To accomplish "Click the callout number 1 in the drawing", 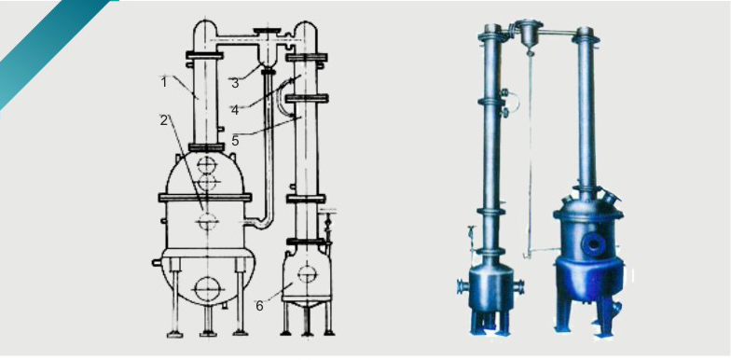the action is pos(164,82).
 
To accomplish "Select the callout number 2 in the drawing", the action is pos(164,120).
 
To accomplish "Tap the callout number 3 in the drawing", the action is pos(235,84).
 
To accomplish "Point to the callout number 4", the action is pos(235,110).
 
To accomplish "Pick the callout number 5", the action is pos(235,140).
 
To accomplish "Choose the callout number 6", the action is pos(259,306).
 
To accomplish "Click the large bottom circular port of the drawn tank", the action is pos(207,289).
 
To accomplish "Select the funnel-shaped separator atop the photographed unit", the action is pos(528,35).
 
